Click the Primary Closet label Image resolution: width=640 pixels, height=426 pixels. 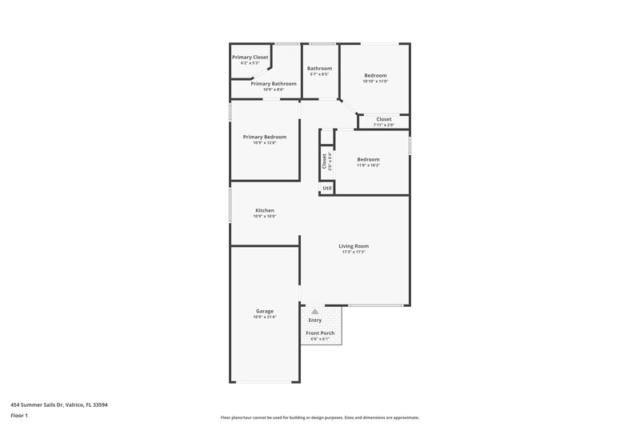250,58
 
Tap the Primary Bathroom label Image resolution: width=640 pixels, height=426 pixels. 274,83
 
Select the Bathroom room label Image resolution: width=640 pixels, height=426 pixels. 319,68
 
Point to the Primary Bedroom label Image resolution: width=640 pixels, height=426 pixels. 264,137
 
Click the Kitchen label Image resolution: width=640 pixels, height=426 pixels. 264,210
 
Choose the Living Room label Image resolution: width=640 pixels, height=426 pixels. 354,246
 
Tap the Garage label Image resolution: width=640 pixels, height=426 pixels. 265,311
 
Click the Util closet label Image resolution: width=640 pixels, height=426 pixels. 327,189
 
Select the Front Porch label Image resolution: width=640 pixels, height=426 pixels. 320,332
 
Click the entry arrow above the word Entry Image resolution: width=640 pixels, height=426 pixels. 315,312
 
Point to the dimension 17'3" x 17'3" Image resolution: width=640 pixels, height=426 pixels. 354,253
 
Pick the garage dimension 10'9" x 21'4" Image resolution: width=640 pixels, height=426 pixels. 265,317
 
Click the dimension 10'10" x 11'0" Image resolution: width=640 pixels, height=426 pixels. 375,82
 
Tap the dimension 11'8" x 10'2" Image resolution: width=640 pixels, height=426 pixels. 368,165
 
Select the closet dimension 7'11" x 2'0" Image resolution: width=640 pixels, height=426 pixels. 384,125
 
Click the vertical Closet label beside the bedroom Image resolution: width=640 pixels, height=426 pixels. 325,161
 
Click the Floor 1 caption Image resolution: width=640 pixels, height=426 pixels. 20,416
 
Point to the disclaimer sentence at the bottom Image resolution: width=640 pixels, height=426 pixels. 320,417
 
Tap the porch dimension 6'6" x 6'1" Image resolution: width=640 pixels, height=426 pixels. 320,339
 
